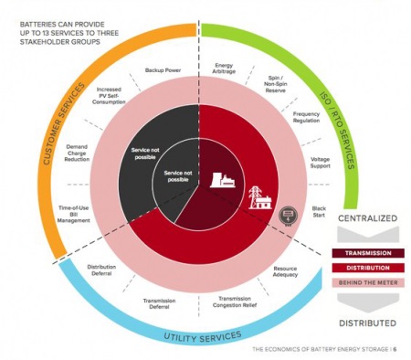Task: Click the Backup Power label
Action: point(162,70)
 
